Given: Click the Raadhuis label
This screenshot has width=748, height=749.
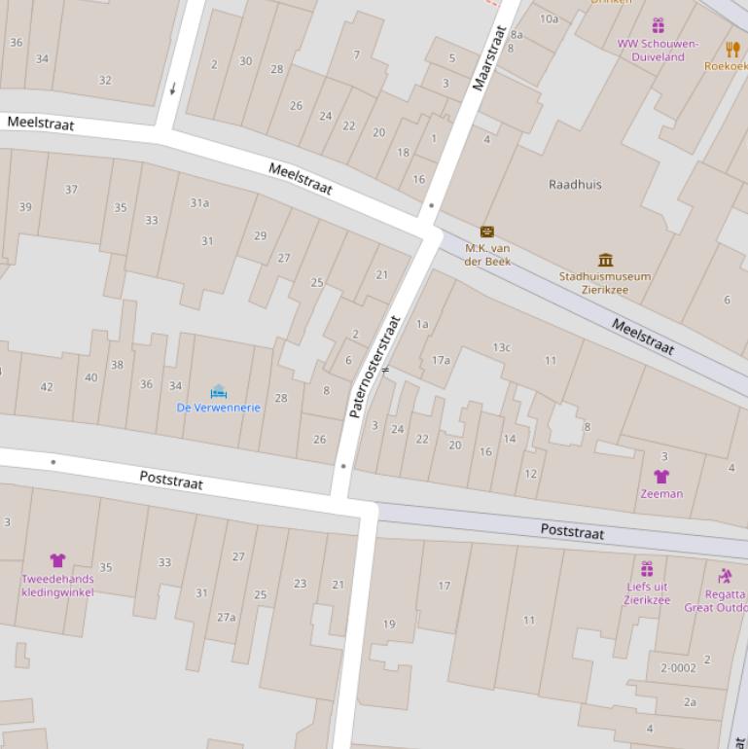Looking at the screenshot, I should click(575, 184).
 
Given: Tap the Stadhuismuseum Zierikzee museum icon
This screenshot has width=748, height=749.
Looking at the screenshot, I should click(606, 260).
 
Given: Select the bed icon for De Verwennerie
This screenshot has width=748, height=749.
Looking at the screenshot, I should click(218, 392).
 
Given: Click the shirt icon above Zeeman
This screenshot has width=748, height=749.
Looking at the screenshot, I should click(661, 477).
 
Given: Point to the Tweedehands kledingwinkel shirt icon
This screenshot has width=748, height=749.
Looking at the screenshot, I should click(57, 560).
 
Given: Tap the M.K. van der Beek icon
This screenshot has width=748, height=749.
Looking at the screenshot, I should click(487, 232).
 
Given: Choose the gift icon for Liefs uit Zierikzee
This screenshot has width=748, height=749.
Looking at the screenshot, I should click(647, 569).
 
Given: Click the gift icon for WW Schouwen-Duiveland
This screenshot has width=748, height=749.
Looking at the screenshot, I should click(658, 25).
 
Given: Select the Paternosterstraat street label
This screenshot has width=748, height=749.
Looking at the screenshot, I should click(374, 367).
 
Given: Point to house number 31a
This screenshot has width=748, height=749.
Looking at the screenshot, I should click(199, 203).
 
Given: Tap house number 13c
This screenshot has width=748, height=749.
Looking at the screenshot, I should click(501, 347).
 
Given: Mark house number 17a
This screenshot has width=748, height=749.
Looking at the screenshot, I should click(441, 360).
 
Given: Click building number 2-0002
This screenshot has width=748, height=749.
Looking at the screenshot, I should click(678, 668).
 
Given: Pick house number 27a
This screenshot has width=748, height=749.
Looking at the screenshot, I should click(226, 617).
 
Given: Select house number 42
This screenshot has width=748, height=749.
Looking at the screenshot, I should click(47, 387).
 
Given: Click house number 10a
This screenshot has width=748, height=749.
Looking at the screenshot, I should click(549, 18).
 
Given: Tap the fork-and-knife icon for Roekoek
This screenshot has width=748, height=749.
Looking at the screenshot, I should click(732, 49).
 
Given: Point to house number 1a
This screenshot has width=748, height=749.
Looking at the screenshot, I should click(422, 324).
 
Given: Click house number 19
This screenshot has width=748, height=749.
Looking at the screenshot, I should click(389, 624).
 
